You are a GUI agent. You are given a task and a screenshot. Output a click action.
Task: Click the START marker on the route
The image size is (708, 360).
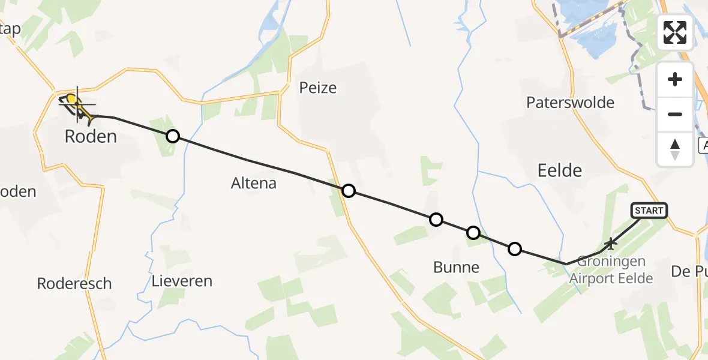click(x=649, y=210)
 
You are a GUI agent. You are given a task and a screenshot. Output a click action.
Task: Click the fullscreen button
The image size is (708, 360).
click(x=675, y=32)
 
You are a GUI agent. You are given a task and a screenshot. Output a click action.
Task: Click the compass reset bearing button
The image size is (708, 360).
click(x=675, y=149)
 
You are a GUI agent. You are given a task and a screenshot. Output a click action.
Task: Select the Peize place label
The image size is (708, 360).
click(x=317, y=88)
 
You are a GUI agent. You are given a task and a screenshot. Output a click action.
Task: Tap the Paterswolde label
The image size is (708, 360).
click(x=570, y=103)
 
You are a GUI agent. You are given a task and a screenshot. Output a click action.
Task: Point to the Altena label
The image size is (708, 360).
click(x=254, y=184)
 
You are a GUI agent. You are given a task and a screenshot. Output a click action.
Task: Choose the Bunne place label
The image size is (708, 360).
click(x=456, y=268)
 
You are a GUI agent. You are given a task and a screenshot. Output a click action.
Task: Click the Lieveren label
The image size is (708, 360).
click(x=182, y=281)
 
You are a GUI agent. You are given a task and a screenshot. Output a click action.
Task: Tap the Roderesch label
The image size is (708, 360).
click(x=74, y=284)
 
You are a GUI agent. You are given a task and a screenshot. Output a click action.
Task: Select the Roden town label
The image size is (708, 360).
click(x=90, y=137)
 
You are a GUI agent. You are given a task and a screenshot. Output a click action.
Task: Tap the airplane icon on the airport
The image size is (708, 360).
click(x=611, y=244)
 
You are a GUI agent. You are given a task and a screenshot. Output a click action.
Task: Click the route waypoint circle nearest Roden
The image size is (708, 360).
click(x=172, y=136)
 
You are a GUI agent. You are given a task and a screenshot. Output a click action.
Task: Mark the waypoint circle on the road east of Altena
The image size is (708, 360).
click(x=348, y=191)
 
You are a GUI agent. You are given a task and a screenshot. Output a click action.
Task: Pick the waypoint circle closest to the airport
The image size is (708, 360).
click(x=514, y=248)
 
